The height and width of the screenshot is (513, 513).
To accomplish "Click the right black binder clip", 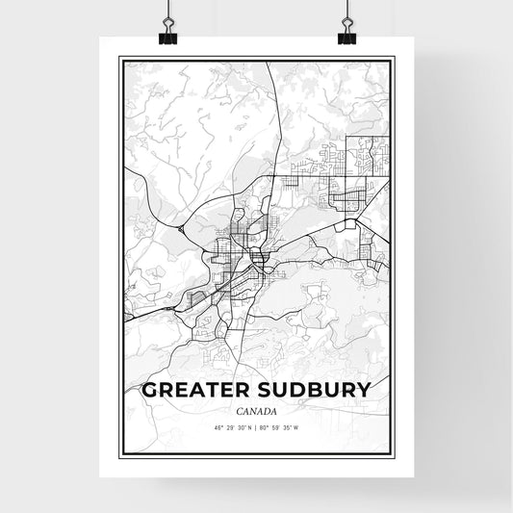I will click(x=346, y=35).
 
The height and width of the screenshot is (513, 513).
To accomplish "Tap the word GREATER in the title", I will click(x=198, y=391).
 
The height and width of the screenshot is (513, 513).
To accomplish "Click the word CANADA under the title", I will click(x=256, y=409).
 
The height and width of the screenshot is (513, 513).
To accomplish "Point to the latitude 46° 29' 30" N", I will click(x=227, y=426).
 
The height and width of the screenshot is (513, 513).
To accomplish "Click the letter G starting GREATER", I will click(x=148, y=391).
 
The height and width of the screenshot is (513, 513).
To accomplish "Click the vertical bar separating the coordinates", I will click(x=257, y=426).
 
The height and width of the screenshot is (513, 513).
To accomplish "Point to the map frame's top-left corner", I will click(x=119, y=58).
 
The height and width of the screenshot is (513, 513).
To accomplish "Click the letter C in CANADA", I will click(x=235, y=409).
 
